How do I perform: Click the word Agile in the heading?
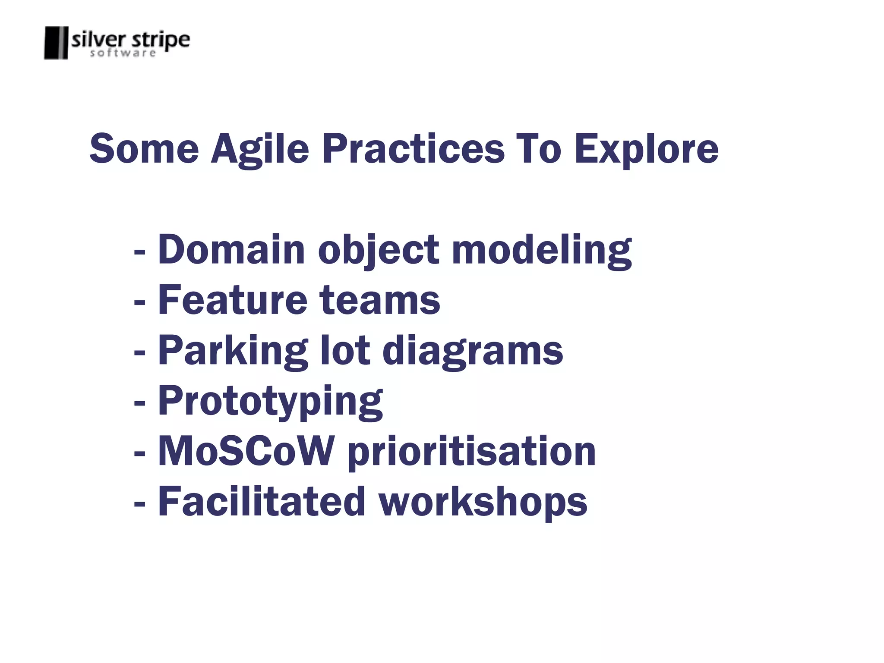pyautogui.click(x=260, y=149)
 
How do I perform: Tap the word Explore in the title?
pyautogui.click(x=646, y=149)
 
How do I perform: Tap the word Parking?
pyautogui.click(x=233, y=351)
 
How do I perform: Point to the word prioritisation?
pyautogui.click(x=471, y=452)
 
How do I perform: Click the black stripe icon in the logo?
pyautogui.click(x=56, y=43)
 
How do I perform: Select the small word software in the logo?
pyautogui.click(x=123, y=53)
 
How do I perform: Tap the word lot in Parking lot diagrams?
pyautogui.click(x=344, y=351)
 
